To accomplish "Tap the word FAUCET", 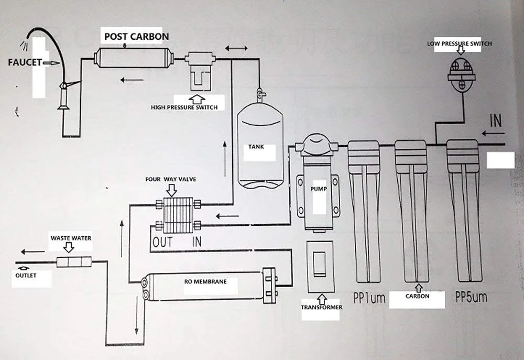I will pyautogui.click(x=25, y=62).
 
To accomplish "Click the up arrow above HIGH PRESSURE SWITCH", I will pyautogui.click(x=197, y=99).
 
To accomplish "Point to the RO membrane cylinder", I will pyautogui.click(x=205, y=285).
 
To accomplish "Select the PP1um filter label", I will pyautogui.click(x=369, y=298).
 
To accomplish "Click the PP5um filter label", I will pyautogui.click(x=471, y=298).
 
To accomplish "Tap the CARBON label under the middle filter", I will pyautogui.click(x=417, y=296).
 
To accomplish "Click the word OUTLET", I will pyautogui.click(x=26, y=276).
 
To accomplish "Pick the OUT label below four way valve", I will pyautogui.click(x=163, y=242).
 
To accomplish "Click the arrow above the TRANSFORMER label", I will pyautogui.click(x=321, y=299).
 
